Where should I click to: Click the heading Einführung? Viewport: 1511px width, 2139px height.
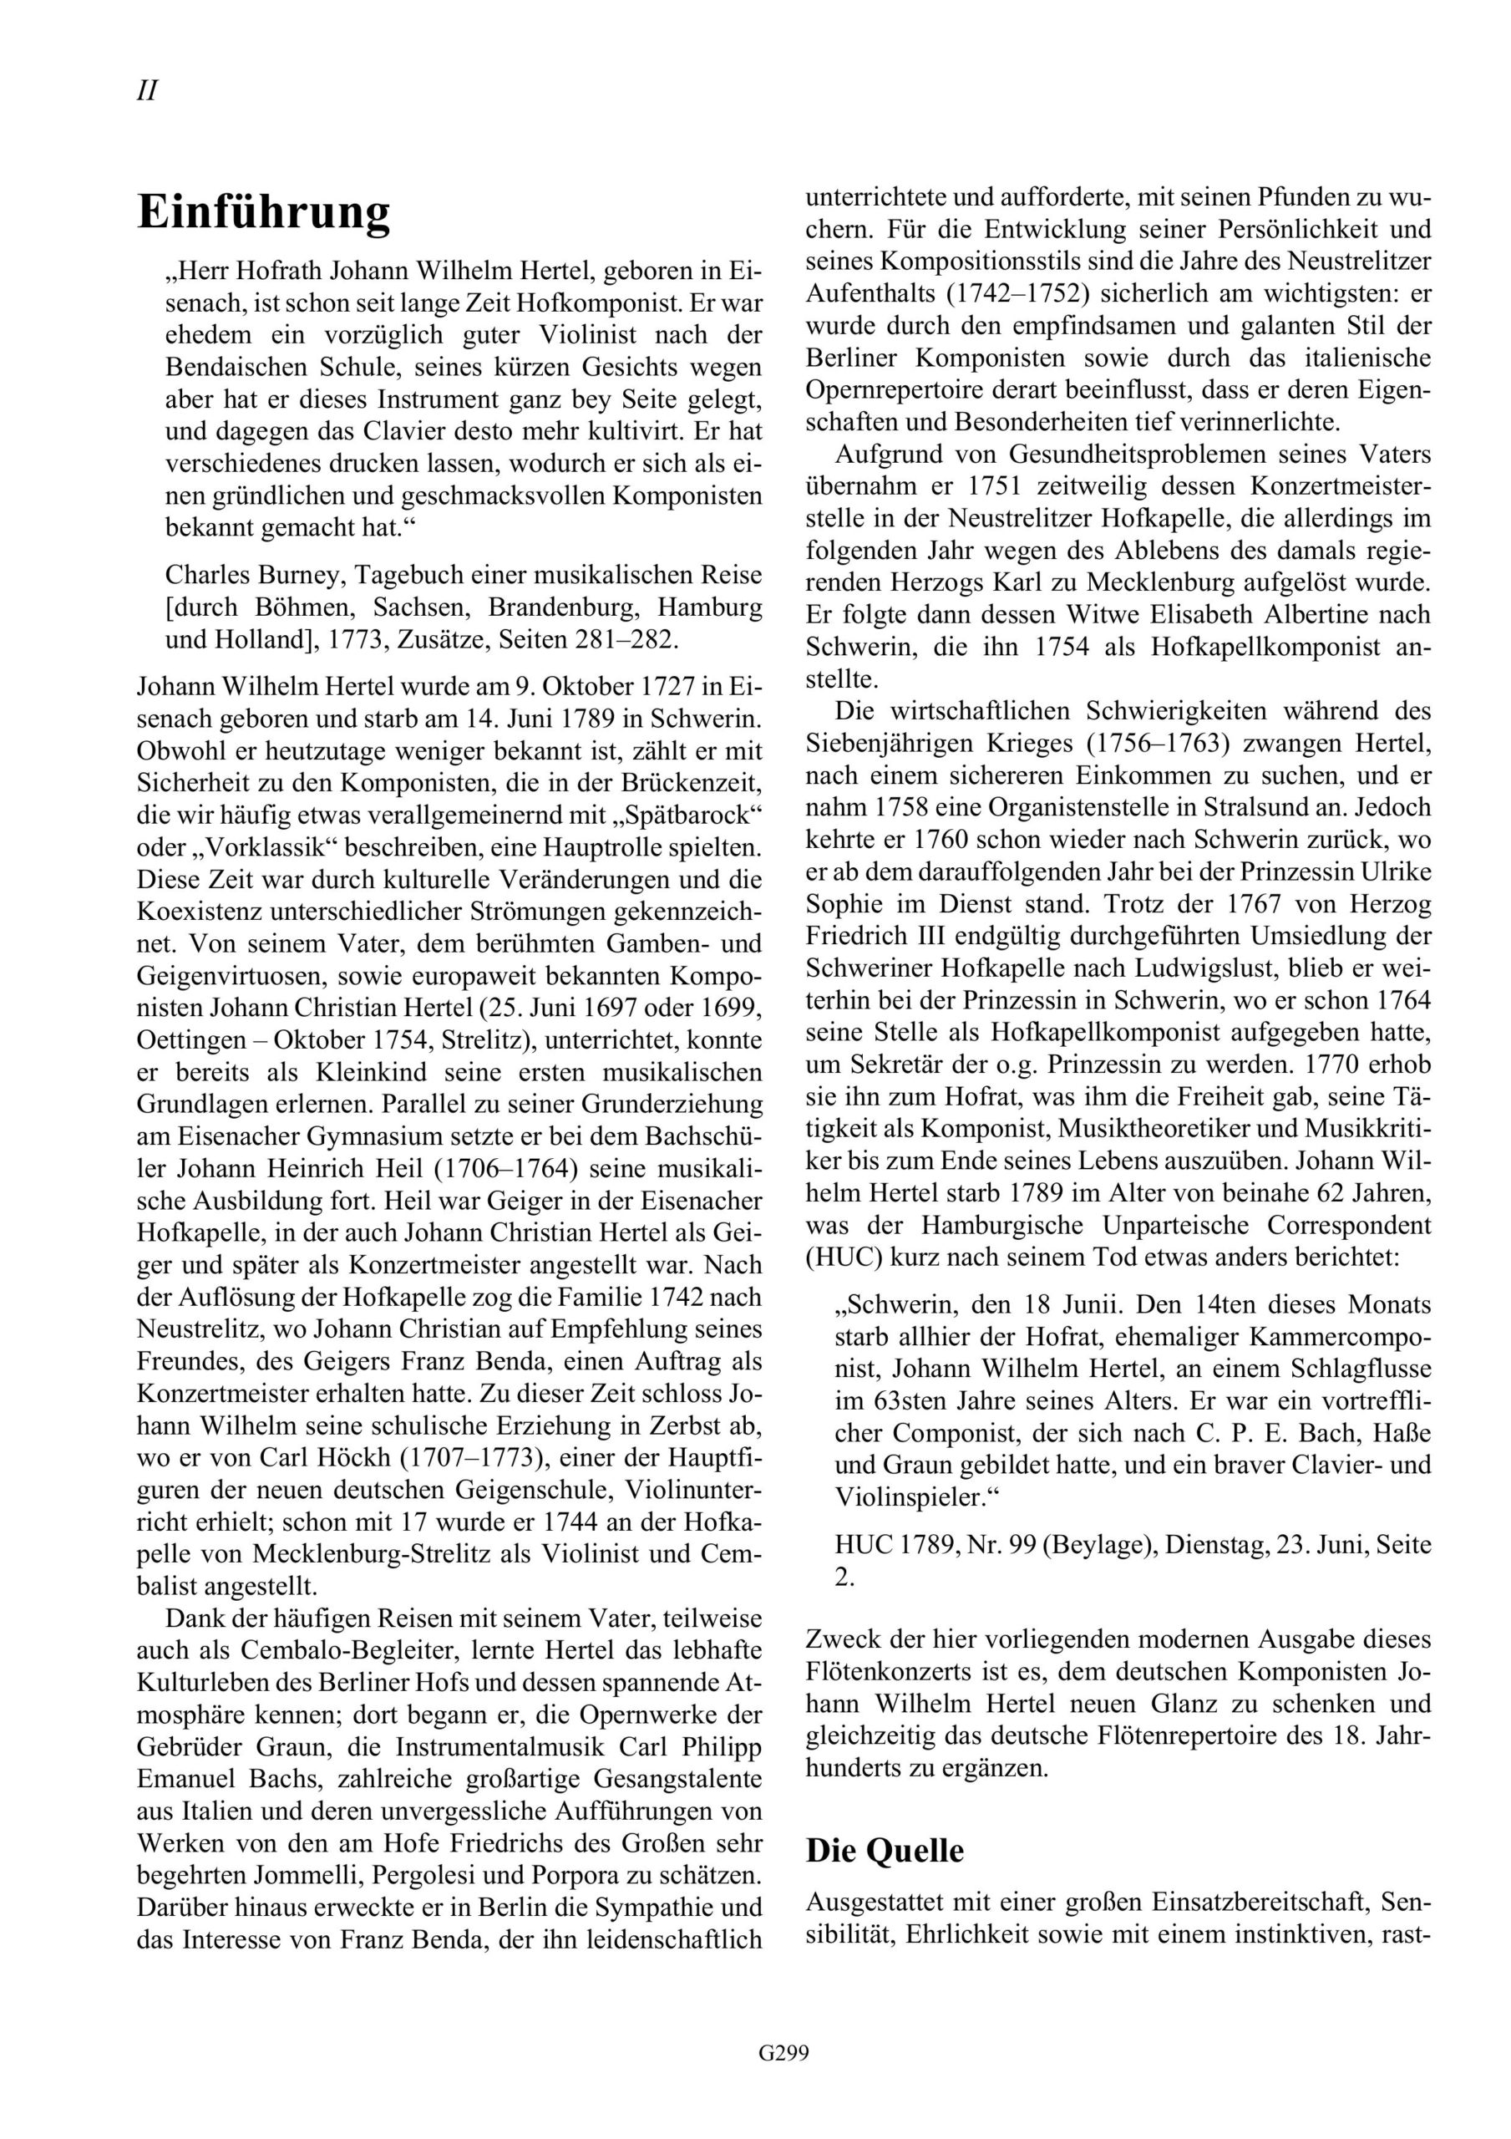pos(264,212)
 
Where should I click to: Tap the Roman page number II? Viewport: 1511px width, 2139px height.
pos(147,91)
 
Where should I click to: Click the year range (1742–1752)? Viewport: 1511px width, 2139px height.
pos(1017,293)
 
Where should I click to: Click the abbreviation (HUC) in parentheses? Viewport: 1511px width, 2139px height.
pos(838,1256)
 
